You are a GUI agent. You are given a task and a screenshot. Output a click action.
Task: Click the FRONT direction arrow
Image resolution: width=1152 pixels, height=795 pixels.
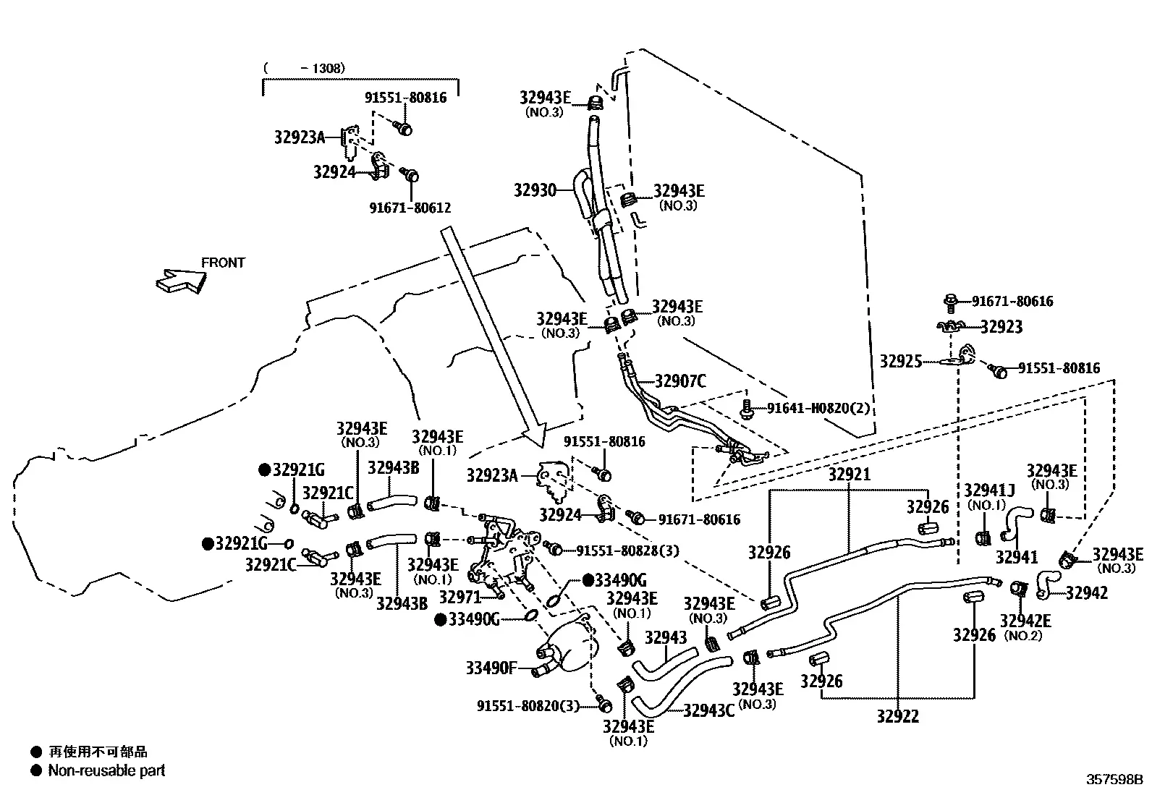pos(181,281)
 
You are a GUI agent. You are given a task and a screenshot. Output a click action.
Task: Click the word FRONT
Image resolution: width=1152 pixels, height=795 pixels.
pos(223,263)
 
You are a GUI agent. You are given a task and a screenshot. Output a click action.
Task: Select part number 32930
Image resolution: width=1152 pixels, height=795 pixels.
pos(535,190)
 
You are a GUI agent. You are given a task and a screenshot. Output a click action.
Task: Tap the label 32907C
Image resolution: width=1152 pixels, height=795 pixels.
pos(680,381)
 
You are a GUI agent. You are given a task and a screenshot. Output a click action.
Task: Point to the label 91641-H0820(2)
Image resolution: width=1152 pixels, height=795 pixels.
pos(818,408)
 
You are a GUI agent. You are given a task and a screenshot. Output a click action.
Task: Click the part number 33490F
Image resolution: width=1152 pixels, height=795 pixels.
pos(491,668)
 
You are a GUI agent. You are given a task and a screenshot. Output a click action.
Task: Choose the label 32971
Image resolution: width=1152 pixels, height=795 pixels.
pos(459,597)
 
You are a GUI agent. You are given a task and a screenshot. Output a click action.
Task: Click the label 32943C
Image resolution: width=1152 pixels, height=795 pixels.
pos(708,710)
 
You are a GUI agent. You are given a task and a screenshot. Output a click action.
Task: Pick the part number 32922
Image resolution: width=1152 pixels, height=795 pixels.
pos(897,716)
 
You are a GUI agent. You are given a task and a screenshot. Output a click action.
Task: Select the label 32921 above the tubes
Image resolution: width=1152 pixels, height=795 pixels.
pos(849,474)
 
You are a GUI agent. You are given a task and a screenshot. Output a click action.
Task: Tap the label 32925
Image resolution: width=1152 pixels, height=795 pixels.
pos(900,362)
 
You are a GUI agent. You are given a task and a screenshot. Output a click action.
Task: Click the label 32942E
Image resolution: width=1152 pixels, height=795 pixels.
pos(1025,621)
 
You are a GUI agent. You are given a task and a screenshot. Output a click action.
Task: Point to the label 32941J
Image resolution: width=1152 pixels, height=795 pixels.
pos(989,490)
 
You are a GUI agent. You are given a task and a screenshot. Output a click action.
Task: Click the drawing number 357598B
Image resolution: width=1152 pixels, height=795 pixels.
pos(1114,779)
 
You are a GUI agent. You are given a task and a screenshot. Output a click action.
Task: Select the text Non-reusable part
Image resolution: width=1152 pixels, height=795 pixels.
pos(106,770)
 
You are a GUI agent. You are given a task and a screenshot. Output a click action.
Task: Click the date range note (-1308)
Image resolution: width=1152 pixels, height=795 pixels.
pos(304,68)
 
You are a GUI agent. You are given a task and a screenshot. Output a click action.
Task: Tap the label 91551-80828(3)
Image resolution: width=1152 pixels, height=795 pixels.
pos(627,550)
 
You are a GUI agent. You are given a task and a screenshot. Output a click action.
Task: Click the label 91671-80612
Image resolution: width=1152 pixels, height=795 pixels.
pos(410,208)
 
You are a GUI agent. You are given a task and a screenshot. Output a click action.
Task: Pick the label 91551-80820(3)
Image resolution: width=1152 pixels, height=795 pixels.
pos(528,706)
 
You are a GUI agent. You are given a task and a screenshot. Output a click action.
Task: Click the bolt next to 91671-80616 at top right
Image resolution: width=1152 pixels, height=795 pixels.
pos(950,303)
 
